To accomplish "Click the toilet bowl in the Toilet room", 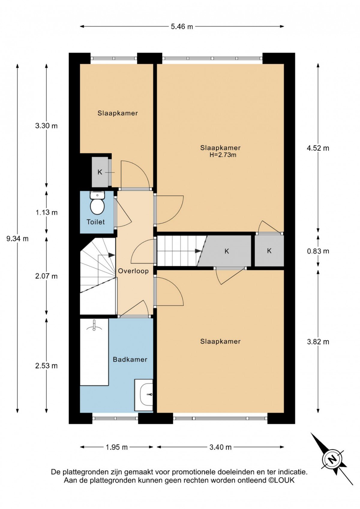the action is point(97,206).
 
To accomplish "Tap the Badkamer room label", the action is point(130,360).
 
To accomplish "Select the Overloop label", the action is point(133,271).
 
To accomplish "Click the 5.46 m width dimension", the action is point(182,27).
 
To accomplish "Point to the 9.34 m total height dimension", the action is point(17,239).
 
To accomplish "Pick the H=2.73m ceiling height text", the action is point(223,155).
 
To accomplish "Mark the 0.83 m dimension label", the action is point(318,251).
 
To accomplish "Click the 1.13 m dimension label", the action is point(46,212).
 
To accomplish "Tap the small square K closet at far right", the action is point(269,251).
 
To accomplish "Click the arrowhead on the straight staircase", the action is point(198,251).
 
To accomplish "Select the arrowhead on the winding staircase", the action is point(111,255).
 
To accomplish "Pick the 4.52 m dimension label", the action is point(318,148).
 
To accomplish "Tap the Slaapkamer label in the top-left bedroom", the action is point(118,113).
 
